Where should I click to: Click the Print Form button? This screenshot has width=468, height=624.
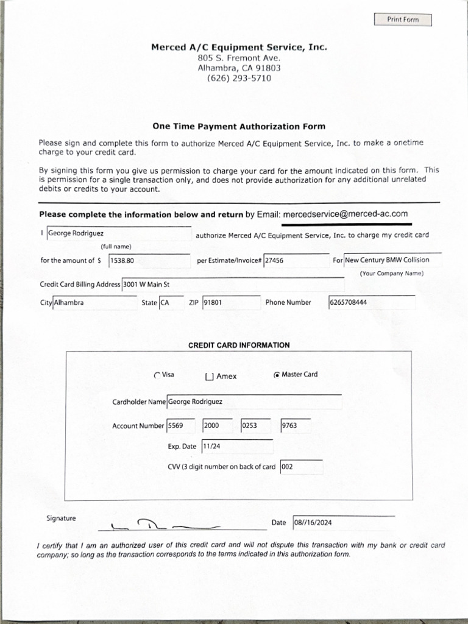pyautogui.click(x=403, y=19)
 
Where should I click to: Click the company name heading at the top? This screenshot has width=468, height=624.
pyautogui.click(x=239, y=47)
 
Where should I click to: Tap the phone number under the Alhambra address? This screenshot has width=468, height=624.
pyautogui.click(x=239, y=79)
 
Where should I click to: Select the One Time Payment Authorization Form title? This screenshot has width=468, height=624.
pyautogui.click(x=239, y=127)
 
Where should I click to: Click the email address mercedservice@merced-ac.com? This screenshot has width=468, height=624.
pyautogui.click(x=345, y=214)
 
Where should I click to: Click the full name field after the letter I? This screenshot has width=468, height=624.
pyautogui.click(x=119, y=234)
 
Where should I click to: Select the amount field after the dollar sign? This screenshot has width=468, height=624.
pyautogui.click(x=149, y=261)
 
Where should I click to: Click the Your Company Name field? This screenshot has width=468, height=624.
pyautogui.click(x=392, y=260)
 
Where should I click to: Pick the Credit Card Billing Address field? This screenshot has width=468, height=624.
pyautogui.click(x=232, y=285)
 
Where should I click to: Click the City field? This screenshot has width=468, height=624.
pyautogui.click(x=94, y=303)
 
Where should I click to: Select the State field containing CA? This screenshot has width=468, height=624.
pyautogui.click(x=171, y=303)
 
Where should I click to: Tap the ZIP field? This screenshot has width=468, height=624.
pyautogui.click(x=231, y=303)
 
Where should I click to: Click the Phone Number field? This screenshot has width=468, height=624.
pyautogui.click(x=372, y=303)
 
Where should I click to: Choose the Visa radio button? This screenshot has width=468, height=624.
pyautogui.click(x=157, y=375)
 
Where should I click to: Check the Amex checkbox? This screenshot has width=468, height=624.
pyautogui.click(x=210, y=377)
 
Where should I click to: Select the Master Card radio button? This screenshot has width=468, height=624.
pyautogui.click(x=277, y=375)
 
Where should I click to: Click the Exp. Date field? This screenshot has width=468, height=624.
pyautogui.click(x=237, y=447)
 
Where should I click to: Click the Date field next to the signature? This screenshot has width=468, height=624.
pyautogui.click(x=343, y=523)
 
